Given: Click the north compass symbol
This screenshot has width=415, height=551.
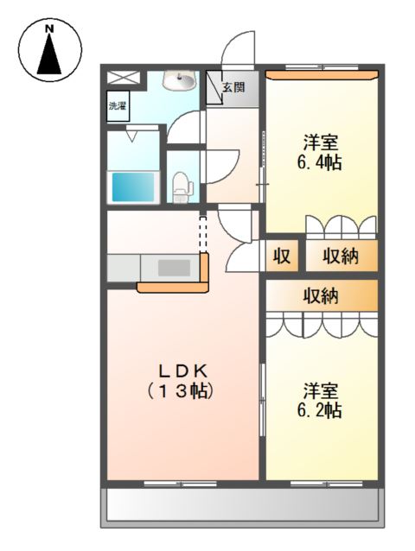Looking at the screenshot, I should click(x=50, y=54).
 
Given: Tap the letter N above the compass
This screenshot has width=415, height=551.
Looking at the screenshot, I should click(x=50, y=28).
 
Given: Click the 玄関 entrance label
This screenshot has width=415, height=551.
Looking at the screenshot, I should click(x=233, y=86).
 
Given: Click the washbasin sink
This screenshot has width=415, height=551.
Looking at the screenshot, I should click(x=182, y=80).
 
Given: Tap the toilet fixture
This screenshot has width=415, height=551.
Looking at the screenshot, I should click(x=181, y=186).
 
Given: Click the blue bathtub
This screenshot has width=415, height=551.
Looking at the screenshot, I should click(x=132, y=186).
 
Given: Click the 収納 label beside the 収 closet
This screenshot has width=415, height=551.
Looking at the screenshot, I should click(x=341, y=256).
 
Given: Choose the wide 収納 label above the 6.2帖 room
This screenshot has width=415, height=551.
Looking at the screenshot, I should click(x=321, y=295).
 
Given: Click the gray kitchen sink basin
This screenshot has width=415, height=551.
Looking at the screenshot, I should click(x=173, y=268).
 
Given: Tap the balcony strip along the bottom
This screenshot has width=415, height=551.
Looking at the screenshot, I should click(x=242, y=505).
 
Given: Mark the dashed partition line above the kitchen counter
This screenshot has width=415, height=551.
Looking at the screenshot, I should click(x=204, y=231).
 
